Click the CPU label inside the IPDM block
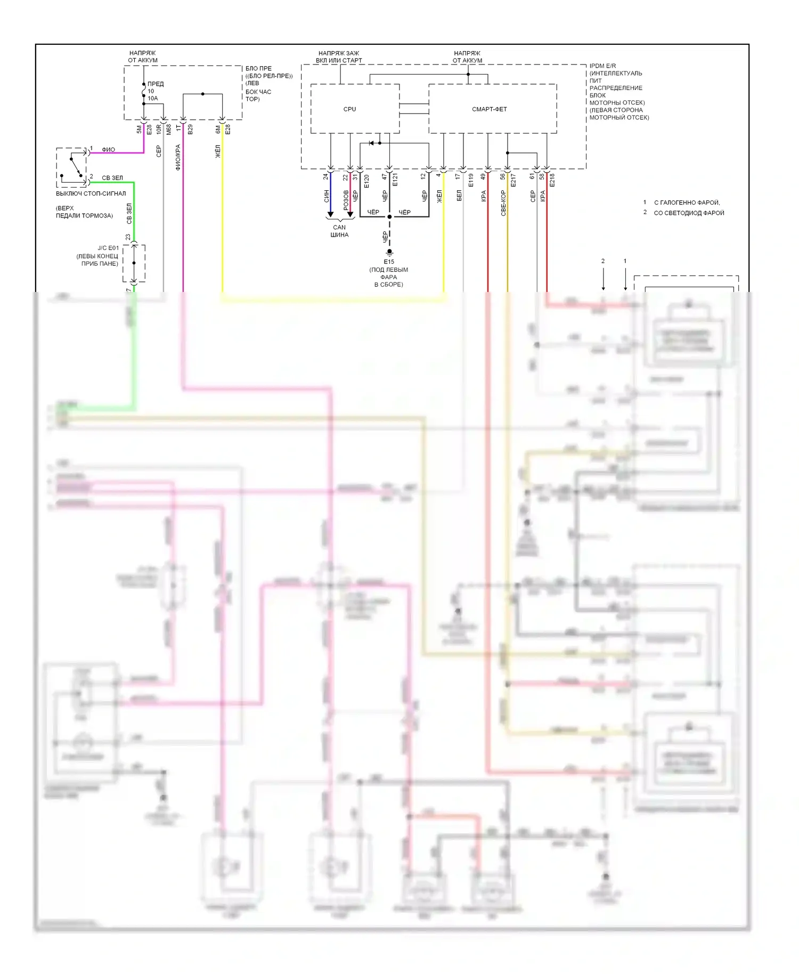[349, 109]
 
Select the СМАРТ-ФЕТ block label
[489, 109]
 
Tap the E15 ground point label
[389, 262]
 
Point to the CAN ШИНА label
[339, 231]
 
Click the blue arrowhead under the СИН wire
[330, 214]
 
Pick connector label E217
[513, 180]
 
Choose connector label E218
[552, 180]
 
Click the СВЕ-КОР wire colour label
[503, 202]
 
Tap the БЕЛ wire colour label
[459, 196]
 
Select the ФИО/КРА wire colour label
[178, 157]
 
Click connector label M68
[169, 129]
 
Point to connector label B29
[190, 129]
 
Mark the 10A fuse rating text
[153, 98]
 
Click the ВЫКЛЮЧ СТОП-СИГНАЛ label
[91, 193]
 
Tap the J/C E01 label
[108, 248]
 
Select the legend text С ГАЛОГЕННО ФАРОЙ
[687, 202]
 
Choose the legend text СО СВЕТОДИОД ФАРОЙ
[689, 213]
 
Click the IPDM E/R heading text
[602, 66]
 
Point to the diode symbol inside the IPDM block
[371, 143]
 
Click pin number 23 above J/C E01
[128, 237]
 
